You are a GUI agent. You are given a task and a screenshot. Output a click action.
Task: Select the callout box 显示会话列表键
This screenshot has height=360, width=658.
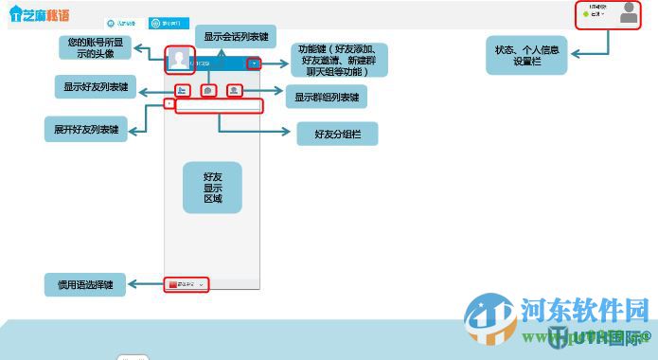pos(235,35)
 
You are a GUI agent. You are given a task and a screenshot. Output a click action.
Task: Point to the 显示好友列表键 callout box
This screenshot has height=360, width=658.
pos(97,87)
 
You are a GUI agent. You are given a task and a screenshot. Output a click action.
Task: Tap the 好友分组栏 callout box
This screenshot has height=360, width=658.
pos(338,135)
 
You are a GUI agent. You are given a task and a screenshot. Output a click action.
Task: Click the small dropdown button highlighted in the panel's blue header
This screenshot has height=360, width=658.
pos(253,63)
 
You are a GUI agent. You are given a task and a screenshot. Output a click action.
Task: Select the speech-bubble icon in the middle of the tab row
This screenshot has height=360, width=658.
pos(208,91)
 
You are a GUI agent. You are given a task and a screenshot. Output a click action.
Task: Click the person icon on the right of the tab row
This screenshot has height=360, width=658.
pos(235,91)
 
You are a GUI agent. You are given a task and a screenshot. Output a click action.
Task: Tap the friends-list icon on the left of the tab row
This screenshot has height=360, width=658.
pos(182,91)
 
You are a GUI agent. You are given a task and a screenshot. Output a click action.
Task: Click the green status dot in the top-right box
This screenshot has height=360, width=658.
pos(587,14)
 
